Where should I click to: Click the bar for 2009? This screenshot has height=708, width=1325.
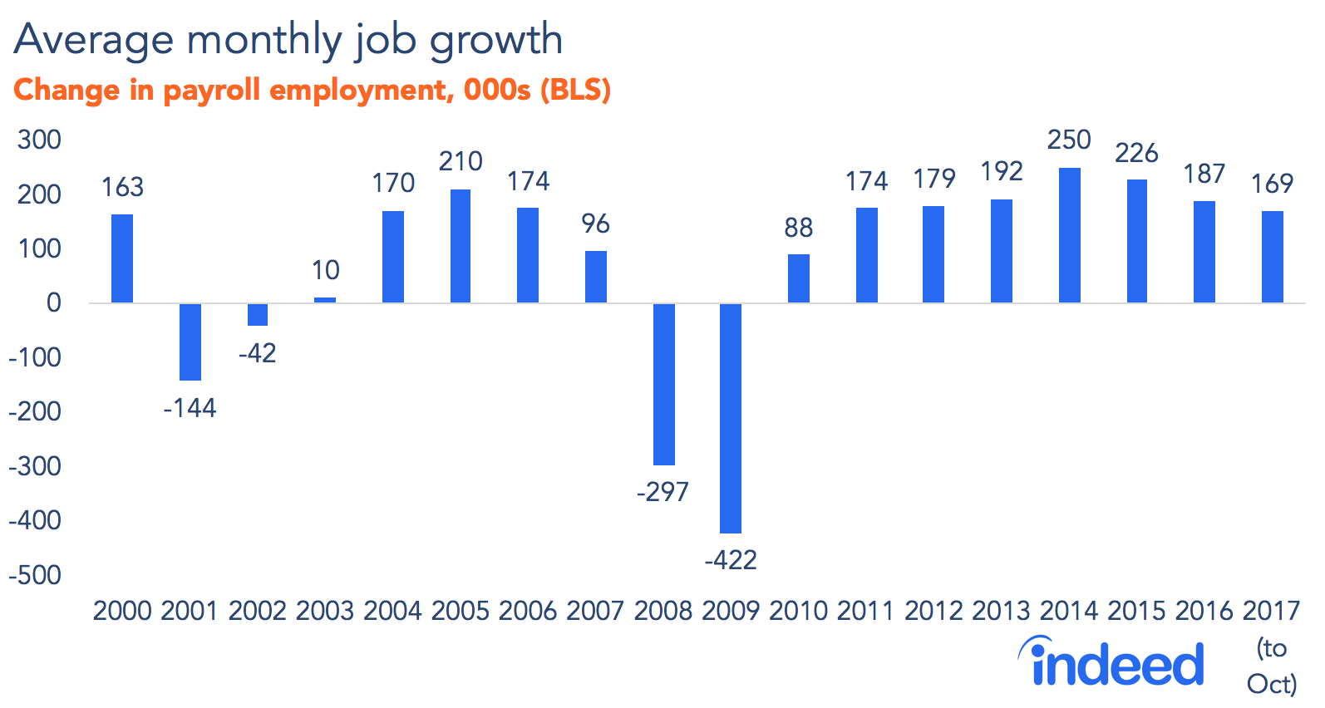[x=731, y=418]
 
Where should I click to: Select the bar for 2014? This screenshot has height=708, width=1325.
[x=1069, y=235]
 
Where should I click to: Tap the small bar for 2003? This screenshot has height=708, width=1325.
[x=325, y=300]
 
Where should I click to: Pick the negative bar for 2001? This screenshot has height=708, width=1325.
[x=190, y=342]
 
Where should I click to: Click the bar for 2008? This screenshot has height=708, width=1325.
[x=663, y=384]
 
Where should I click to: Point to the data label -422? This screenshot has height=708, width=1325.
[x=731, y=560]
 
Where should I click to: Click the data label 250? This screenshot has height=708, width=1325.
[x=1069, y=140]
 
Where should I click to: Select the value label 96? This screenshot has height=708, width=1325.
[x=595, y=224]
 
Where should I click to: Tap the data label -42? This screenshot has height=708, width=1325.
[x=257, y=353]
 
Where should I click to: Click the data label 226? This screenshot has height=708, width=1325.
[x=1136, y=153]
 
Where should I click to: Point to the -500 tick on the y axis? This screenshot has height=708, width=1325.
[x=35, y=575]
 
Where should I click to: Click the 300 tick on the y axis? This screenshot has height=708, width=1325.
[x=39, y=140]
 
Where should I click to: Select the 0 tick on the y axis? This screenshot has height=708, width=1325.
[x=53, y=302]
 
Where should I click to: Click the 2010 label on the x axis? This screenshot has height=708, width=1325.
[x=798, y=611]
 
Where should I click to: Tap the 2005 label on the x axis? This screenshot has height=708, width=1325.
[x=460, y=611]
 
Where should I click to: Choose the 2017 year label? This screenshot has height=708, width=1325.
[x=1271, y=611]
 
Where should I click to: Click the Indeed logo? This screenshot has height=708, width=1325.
[x=1111, y=662]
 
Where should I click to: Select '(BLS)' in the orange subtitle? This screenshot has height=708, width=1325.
[x=575, y=90]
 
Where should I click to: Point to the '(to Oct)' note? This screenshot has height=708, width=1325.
[x=1272, y=666]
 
